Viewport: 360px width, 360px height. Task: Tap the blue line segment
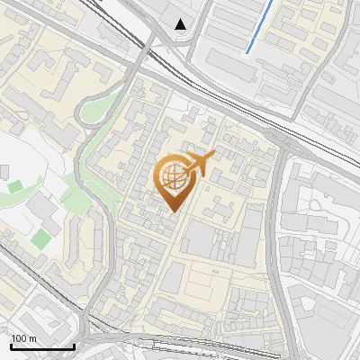coord(259,27)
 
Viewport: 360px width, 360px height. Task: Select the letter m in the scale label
coord(32,338)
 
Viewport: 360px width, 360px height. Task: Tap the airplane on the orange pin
coord(199,164)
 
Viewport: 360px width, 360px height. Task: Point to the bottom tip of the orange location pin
coord(173,211)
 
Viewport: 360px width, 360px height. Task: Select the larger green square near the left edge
coord(41,238)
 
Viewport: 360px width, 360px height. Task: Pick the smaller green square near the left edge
coord(15,186)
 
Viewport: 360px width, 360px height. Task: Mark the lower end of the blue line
coord(247,53)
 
